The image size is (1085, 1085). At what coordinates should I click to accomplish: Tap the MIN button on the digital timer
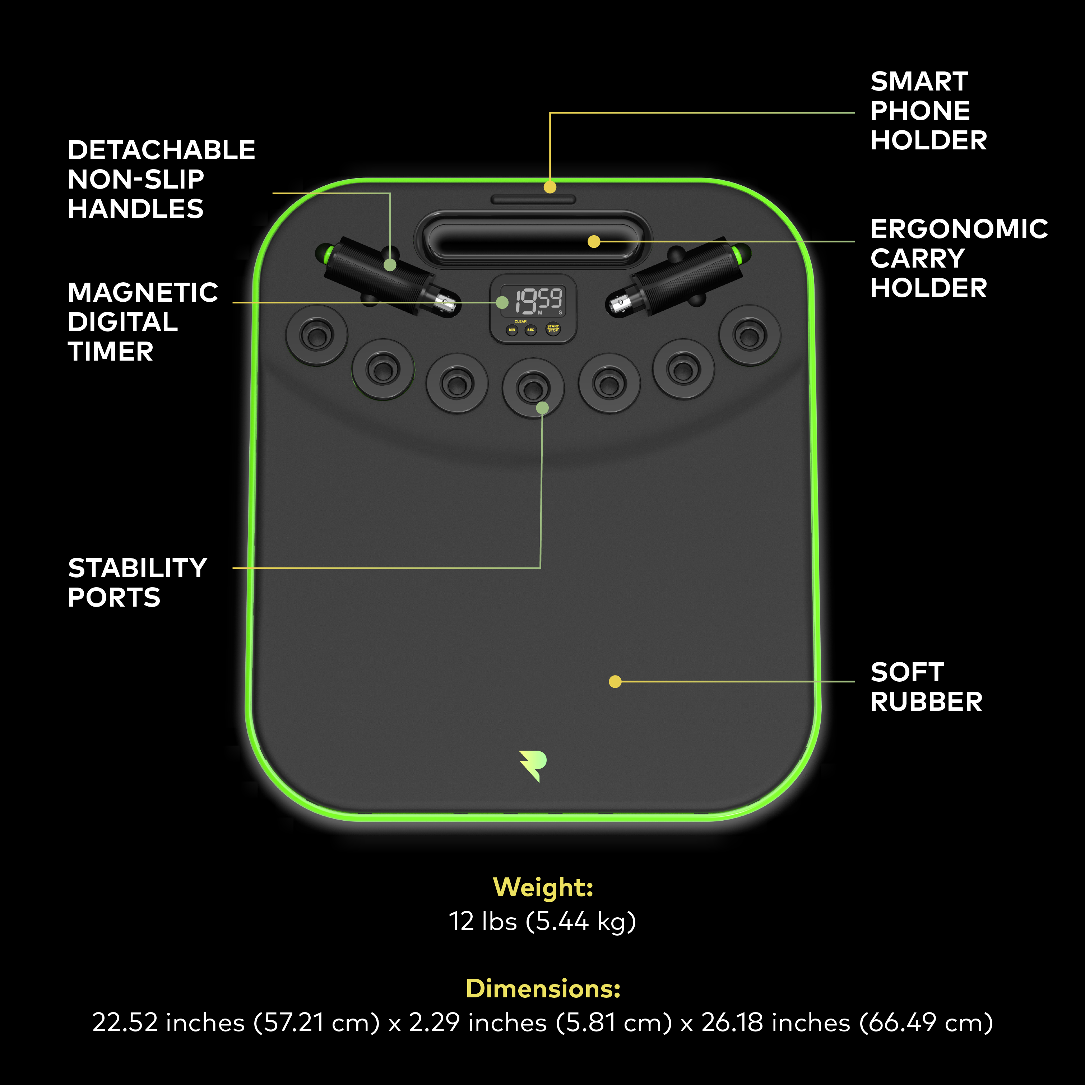511,330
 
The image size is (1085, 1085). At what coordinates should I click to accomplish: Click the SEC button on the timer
531,330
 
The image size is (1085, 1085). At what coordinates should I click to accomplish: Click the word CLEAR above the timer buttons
521,321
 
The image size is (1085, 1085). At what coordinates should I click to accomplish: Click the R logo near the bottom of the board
533,765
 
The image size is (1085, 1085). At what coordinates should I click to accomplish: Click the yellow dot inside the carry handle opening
594,241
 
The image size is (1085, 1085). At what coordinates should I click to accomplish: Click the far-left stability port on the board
317,335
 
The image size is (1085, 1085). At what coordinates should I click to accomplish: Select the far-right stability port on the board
750,335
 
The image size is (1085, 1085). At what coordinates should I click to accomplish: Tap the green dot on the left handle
390,264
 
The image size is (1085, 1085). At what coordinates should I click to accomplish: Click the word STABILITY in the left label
138,568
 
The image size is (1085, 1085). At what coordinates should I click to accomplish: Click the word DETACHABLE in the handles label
162,150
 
